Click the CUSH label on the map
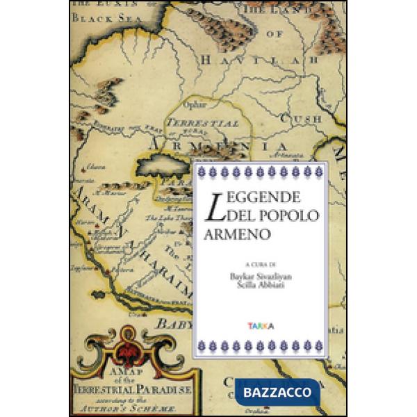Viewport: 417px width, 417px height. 304,119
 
